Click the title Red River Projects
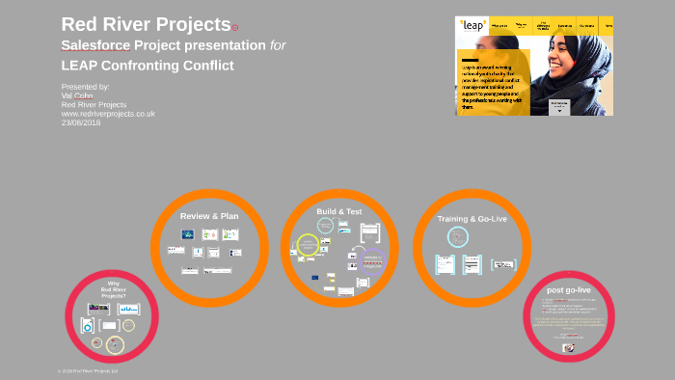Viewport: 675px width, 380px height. (146, 24)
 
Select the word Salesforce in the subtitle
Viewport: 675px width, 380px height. (95, 45)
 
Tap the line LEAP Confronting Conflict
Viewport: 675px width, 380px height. (148, 66)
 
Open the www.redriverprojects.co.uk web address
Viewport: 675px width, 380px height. (107, 113)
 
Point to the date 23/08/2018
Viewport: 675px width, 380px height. (81, 122)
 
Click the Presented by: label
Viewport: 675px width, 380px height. (85, 87)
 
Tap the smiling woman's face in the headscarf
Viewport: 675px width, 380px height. (580, 58)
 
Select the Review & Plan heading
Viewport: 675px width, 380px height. (209, 216)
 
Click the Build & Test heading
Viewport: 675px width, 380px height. (338, 211)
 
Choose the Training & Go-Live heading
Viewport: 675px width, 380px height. (472, 219)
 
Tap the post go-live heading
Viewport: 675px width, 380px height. (568, 289)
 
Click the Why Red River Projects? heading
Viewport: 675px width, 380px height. (114, 288)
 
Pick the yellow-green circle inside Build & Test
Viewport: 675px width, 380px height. (308, 246)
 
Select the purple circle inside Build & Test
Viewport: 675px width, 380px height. (370, 259)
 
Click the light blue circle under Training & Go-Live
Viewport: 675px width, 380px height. (458, 237)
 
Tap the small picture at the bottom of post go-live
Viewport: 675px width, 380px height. (568, 348)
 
